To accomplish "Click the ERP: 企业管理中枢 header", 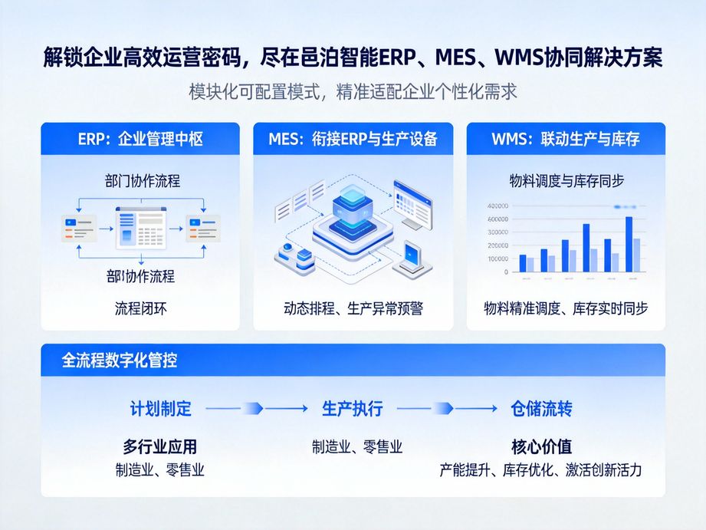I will pyautogui.click(x=140, y=140).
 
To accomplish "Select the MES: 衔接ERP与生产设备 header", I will pyautogui.click(x=353, y=140).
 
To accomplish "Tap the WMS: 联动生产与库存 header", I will pyautogui.click(x=566, y=140).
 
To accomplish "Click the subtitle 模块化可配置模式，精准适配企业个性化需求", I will pyautogui.click(x=353, y=92).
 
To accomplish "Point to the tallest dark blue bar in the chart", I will pyautogui.click(x=629, y=244).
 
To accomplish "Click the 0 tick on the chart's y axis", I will pyautogui.click(x=505, y=272).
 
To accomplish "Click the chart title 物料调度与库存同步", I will pyautogui.click(x=566, y=181).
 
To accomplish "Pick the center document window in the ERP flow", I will pyautogui.click(x=140, y=227).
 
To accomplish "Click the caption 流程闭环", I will pyautogui.click(x=140, y=308).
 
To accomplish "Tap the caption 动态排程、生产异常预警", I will pyautogui.click(x=353, y=308).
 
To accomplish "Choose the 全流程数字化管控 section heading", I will pyautogui.click(x=120, y=360).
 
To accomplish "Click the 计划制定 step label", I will pyautogui.click(x=161, y=409).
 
